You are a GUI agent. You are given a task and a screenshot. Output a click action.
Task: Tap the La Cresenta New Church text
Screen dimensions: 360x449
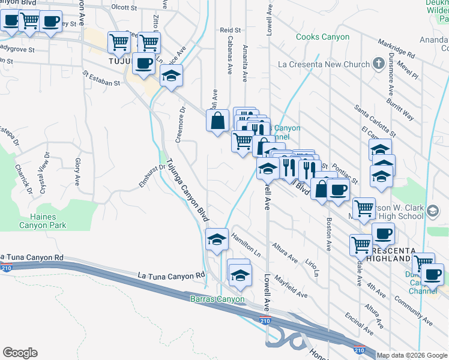tap(324, 64)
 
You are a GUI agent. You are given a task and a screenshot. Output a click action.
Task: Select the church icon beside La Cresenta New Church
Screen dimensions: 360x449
tap(378, 63)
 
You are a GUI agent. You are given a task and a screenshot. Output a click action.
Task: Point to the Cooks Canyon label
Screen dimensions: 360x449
tap(323, 37)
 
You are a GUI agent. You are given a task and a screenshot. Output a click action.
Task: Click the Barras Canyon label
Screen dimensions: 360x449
tap(217, 299)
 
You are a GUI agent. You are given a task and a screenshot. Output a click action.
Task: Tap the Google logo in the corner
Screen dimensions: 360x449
tap(20, 353)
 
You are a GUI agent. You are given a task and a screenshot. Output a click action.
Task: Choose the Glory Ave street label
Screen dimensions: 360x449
tap(77, 170)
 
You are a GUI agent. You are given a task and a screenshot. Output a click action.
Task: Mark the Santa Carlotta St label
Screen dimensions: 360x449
tap(375, 120)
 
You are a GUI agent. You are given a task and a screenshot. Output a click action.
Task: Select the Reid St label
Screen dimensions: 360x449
tap(230, 29)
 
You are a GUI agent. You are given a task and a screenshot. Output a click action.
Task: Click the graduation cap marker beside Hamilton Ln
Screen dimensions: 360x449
tap(217, 239)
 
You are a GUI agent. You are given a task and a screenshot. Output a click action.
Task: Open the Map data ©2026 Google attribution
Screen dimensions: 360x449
tap(412, 355)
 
